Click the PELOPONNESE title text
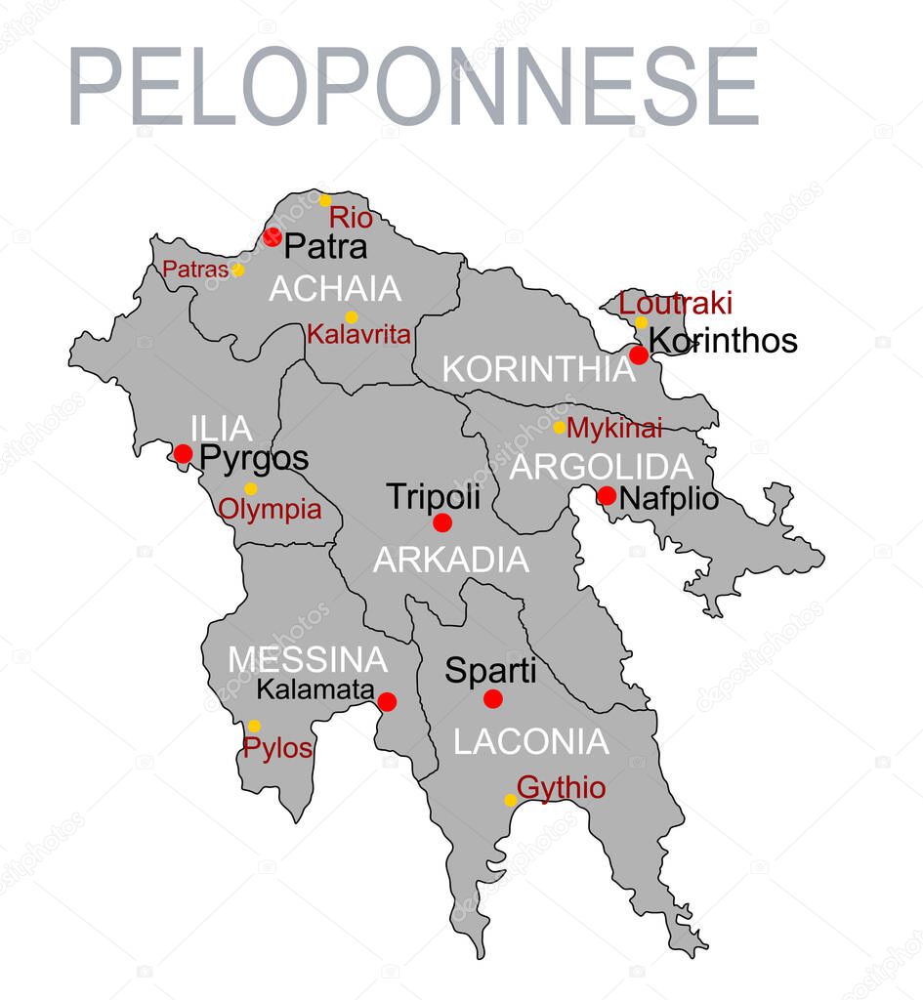pos(413,85)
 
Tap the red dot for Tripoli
pos(442,522)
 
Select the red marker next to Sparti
pos(493,698)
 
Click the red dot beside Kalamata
pos(387,701)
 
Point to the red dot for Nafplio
pos(607,495)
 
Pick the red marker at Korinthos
pos(639,354)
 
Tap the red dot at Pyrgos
pos(183,453)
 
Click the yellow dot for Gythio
pos(510,800)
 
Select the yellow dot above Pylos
pos(254,726)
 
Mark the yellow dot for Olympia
pos(250,488)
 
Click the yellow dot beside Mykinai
pos(560,427)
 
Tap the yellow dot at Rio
pos(325,200)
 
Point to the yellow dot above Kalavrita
pos(352,316)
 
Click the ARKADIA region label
pos(451,560)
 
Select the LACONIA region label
pos(531,742)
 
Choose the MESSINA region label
pos(308,660)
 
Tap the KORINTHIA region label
pos(538,369)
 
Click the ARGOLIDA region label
pos(602,467)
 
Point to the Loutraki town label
pos(676,304)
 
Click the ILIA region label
pos(222,429)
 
